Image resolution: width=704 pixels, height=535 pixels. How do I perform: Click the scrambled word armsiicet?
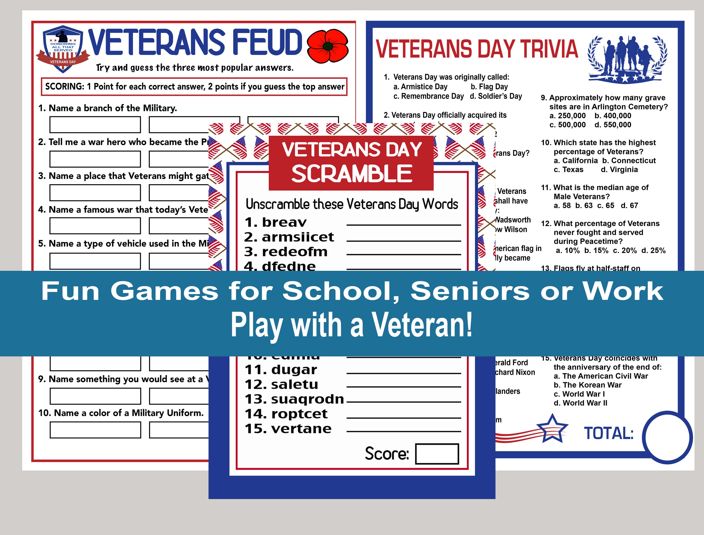coord(298,237)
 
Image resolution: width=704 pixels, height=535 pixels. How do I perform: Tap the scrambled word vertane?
coord(301,429)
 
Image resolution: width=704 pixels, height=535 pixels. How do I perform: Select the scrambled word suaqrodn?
coord(307,399)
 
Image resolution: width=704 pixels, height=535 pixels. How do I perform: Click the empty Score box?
coord(437,454)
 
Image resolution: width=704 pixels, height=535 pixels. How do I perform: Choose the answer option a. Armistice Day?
coord(420,87)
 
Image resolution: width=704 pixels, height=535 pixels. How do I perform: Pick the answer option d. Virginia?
coord(619,170)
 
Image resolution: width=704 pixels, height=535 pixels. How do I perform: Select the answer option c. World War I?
coord(579,394)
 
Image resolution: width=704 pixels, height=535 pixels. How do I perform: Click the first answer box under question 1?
coord(95,124)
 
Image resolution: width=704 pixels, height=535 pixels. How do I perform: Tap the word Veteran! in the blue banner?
coord(422,325)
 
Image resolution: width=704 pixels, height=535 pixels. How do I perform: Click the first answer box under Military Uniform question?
coord(95,430)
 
